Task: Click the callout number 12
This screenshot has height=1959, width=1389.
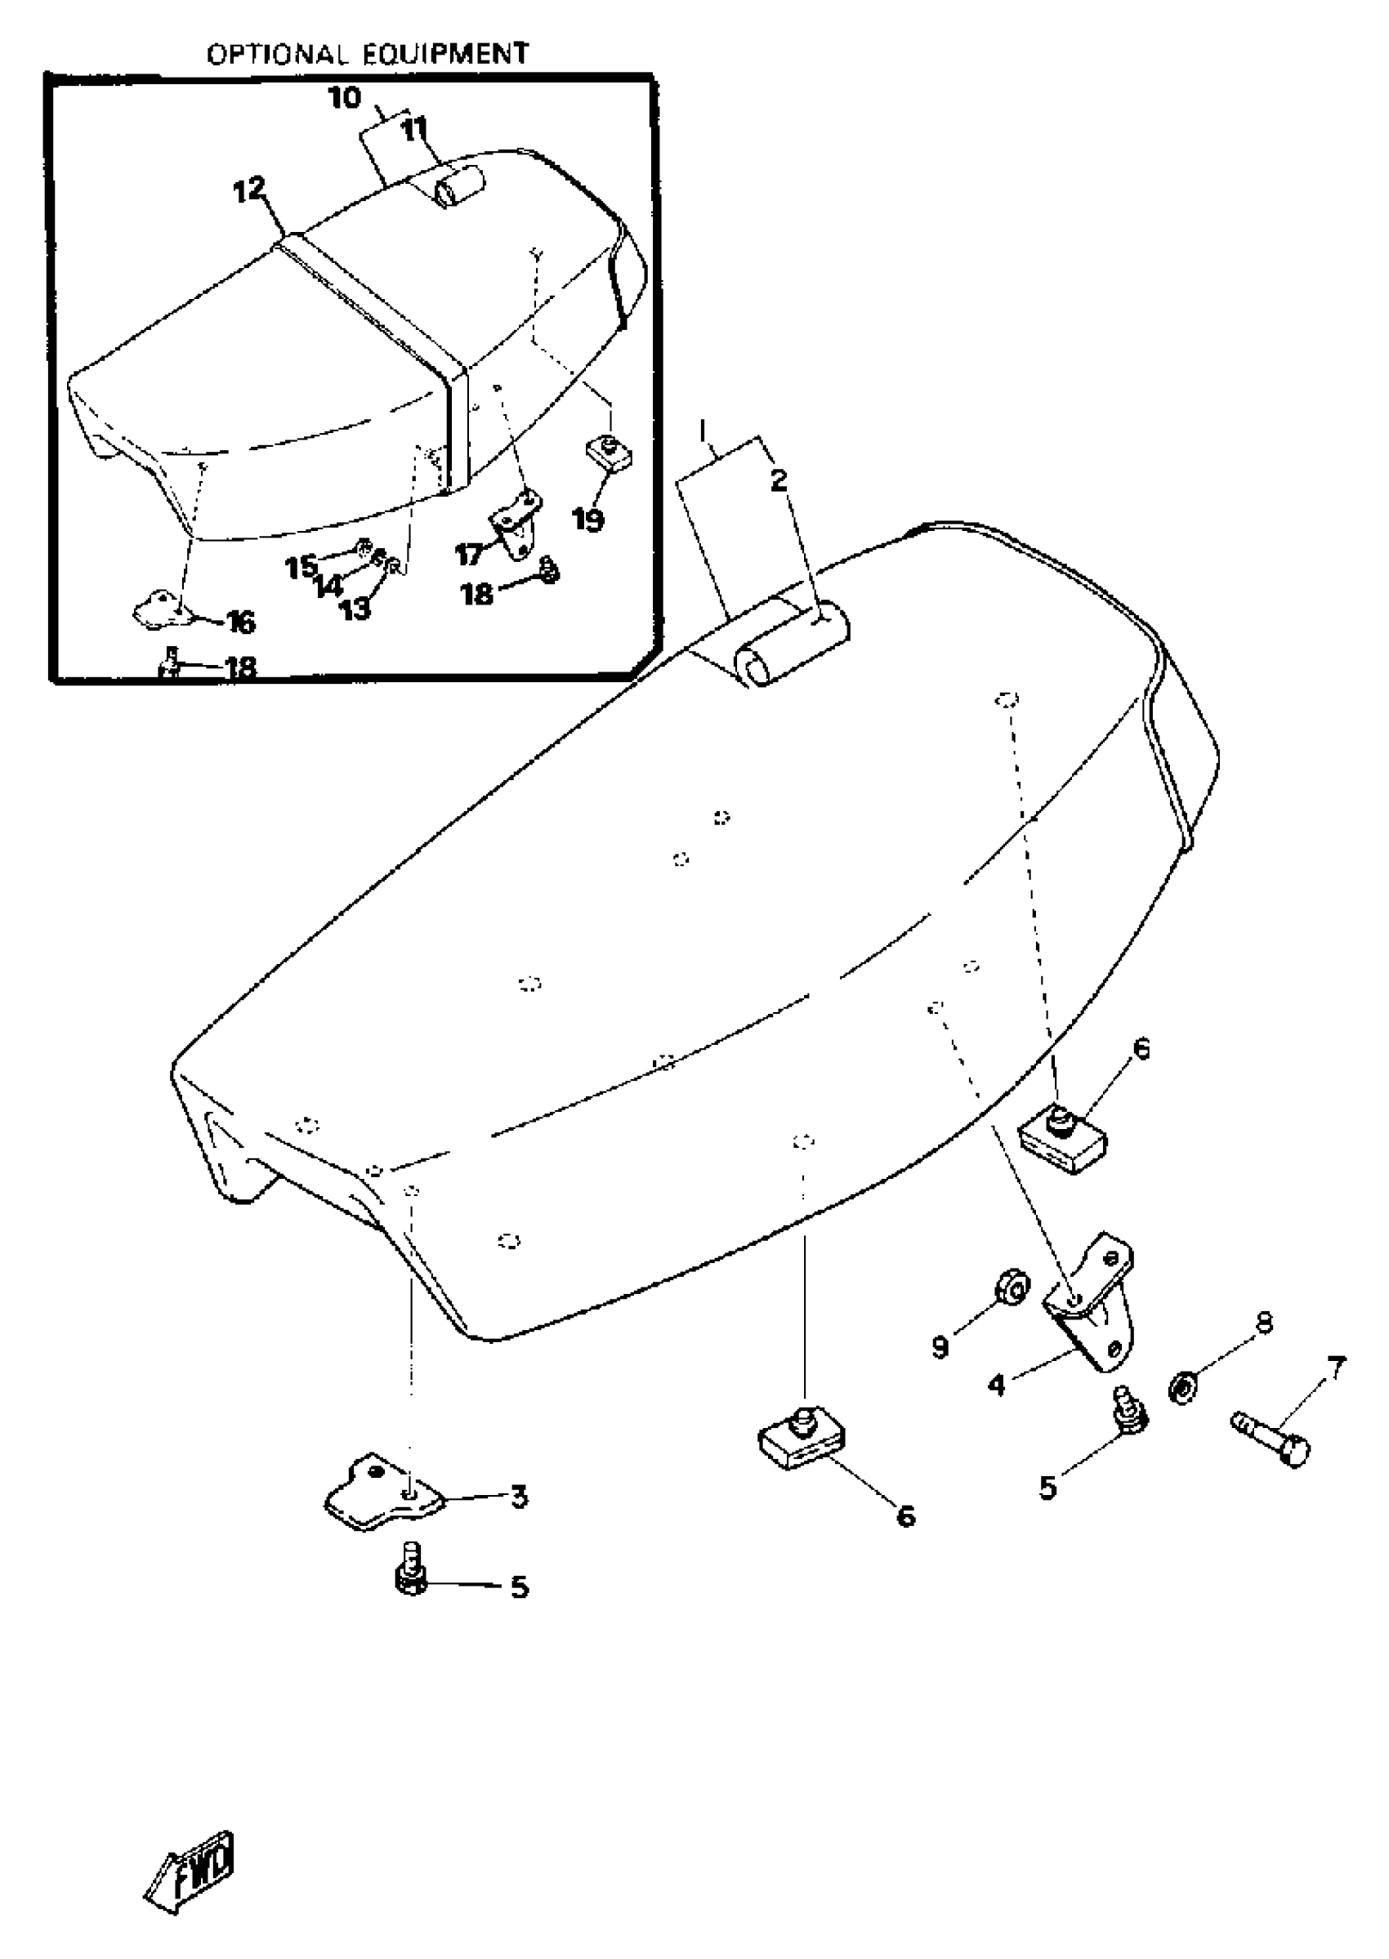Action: pos(250,190)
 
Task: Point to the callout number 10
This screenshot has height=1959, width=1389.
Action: pos(345,98)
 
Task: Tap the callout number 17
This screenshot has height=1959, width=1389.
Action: pos(469,555)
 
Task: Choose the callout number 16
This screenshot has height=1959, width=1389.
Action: pos(241,622)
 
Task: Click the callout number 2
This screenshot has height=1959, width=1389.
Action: pos(778,480)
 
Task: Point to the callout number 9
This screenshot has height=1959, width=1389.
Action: pos(940,1349)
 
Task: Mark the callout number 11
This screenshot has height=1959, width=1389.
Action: pos(415,131)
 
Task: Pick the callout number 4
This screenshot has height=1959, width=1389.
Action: pos(997,1385)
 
